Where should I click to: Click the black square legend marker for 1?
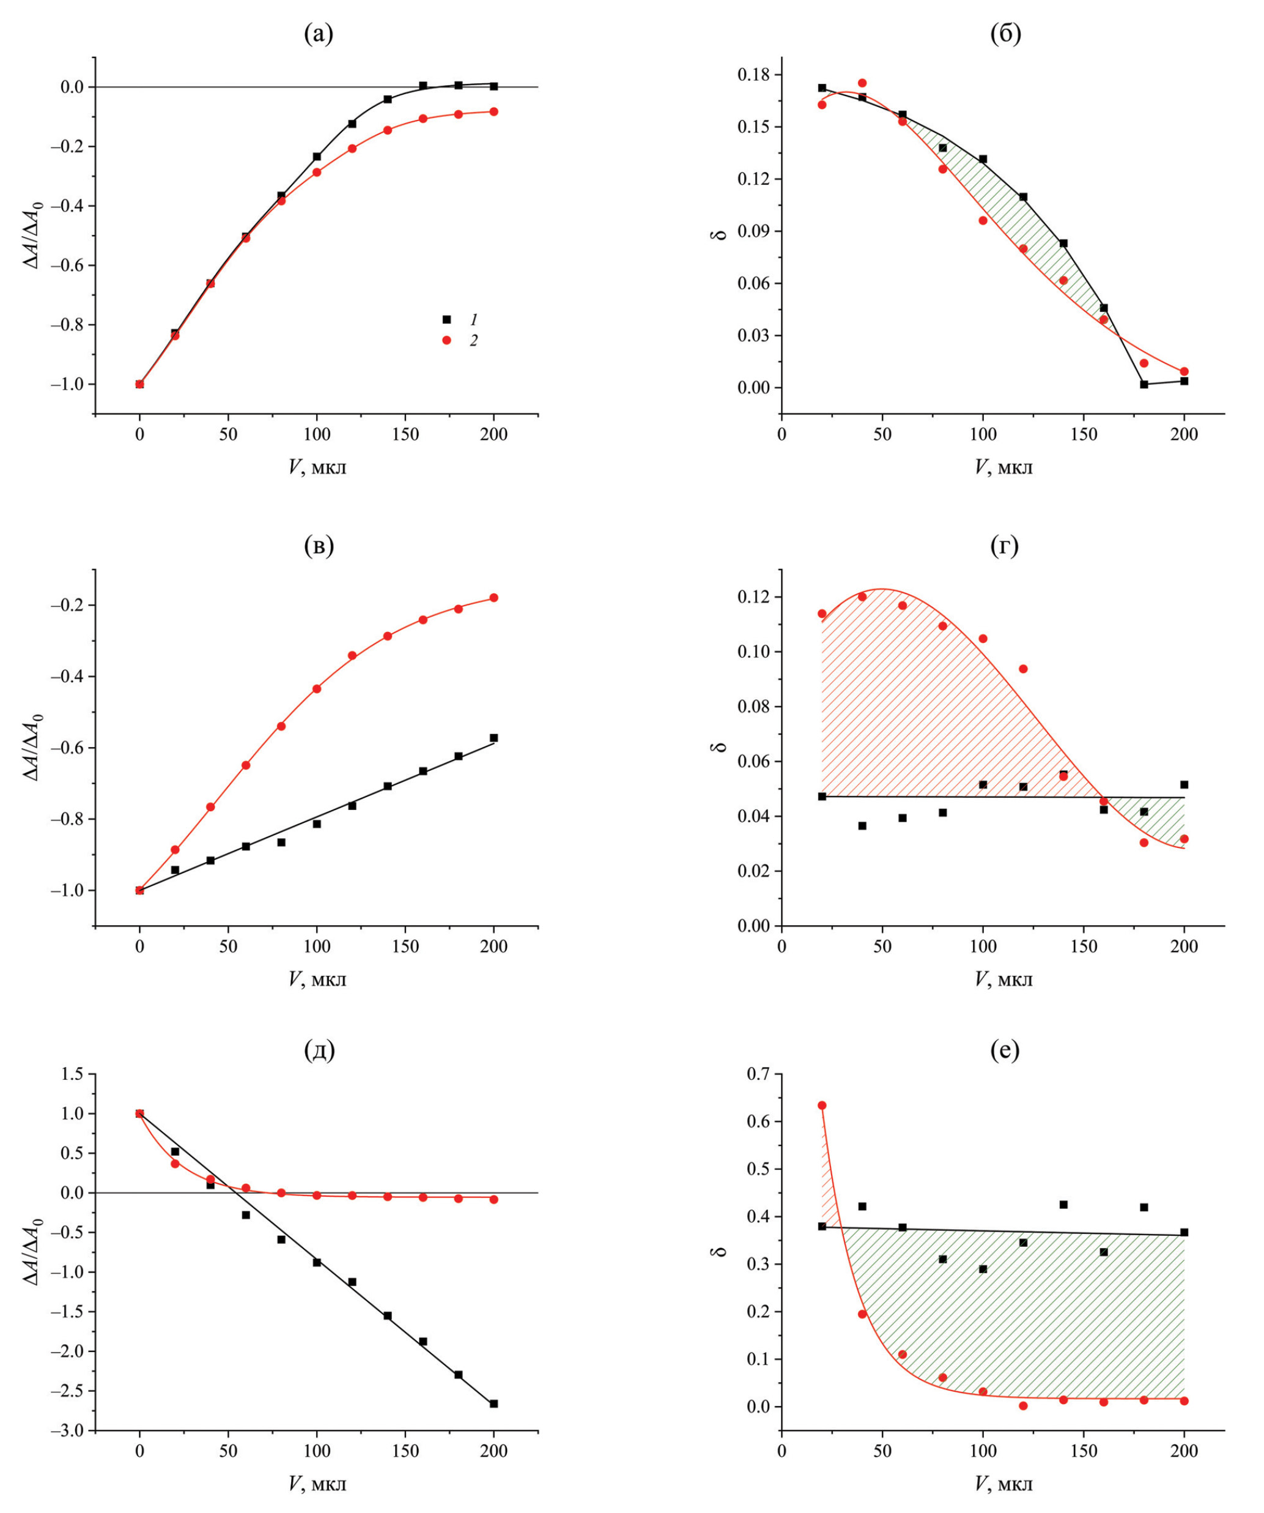(446, 319)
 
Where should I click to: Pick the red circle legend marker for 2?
(446, 340)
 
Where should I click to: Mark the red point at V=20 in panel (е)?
(822, 1105)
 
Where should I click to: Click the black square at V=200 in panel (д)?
(493, 1403)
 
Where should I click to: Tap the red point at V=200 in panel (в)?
(493, 597)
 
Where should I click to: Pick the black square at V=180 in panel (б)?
(1144, 384)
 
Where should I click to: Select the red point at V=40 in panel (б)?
(862, 83)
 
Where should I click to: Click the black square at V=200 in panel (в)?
(493, 738)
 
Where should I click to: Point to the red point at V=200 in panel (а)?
(493, 112)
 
